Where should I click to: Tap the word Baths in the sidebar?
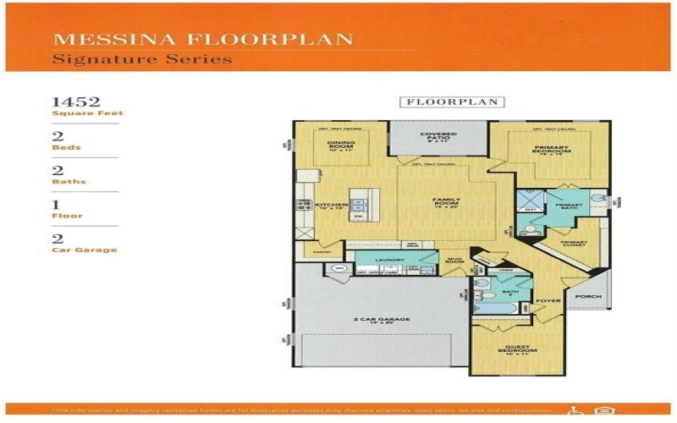tap(69, 181)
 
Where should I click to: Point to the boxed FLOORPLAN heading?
tap(452, 102)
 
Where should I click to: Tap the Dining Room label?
tap(340, 146)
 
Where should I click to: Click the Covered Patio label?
tap(438, 136)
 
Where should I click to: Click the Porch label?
tap(587, 298)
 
